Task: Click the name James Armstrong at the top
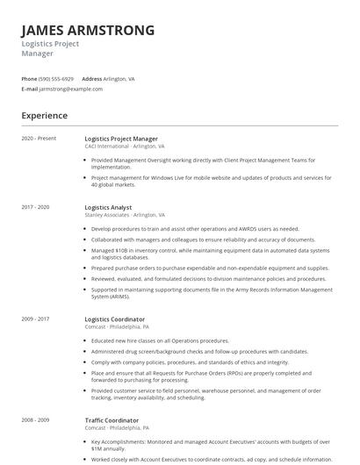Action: click(x=88, y=30)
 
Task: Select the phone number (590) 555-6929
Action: click(x=57, y=79)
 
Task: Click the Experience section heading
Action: click(x=44, y=116)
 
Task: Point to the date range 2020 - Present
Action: click(x=39, y=139)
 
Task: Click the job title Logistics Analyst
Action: click(x=108, y=207)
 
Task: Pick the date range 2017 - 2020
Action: click(x=36, y=207)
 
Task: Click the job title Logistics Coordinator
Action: click(x=115, y=319)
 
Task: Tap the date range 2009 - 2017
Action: click(x=36, y=319)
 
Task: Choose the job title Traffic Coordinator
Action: click(x=112, y=420)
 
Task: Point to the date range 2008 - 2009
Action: click(x=36, y=420)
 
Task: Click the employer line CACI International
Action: click(x=125, y=147)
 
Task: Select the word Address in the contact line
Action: click(x=92, y=79)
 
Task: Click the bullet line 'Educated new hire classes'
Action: click(x=160, y=340)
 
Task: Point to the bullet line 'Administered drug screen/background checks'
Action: click(x=199, y=351)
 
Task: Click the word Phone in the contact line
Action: click(x=29, y=79)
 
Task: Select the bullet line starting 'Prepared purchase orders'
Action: click(x=210, y=268)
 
